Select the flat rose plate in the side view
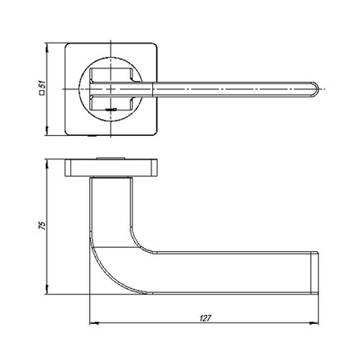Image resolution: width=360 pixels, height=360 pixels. coord(108,169)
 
